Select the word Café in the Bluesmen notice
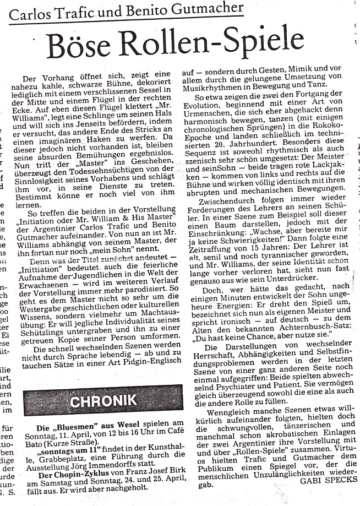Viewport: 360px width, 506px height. [172, 437]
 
